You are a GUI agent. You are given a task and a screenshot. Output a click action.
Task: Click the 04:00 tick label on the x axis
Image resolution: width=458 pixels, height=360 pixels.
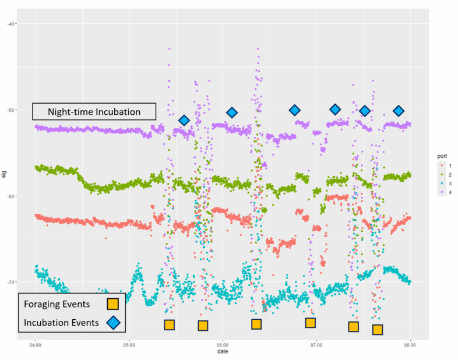tap(36, 344)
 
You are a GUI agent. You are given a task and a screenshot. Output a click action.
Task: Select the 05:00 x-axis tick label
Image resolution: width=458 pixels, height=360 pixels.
tap(129, 344)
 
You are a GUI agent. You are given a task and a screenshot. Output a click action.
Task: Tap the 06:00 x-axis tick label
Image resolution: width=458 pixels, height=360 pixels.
tap(223, 344)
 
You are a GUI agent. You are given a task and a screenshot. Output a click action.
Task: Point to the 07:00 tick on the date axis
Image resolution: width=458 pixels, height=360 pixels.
tap(316, 344)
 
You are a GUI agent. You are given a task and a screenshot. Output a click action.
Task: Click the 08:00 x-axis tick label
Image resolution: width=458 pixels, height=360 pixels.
tap(410, 344)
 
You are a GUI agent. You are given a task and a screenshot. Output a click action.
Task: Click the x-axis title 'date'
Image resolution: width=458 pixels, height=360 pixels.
tap(223, 352)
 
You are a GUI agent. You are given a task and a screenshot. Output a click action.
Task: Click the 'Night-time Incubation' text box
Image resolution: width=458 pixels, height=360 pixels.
tap(94, 112)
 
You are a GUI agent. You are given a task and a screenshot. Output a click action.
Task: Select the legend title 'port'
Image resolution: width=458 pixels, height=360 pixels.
tap(442, 156)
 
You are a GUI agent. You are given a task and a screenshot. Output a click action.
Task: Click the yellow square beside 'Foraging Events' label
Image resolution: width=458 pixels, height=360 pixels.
tap(112, 303)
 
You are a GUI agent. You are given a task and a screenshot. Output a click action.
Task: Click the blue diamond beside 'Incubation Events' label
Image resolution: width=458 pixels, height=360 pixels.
tap(112, 321)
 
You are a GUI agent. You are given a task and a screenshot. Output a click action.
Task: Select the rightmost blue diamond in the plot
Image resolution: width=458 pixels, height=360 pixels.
tap(399, 111)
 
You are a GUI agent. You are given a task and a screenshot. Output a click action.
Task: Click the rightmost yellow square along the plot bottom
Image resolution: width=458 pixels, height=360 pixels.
tap(378, 330)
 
